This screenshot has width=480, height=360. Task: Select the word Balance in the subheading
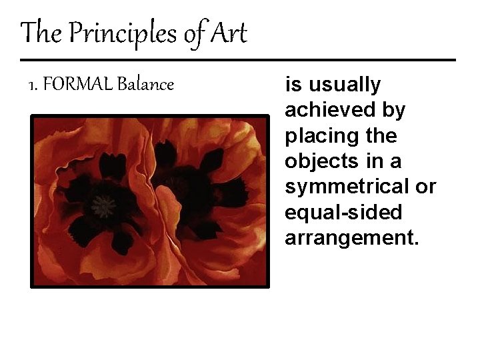145,85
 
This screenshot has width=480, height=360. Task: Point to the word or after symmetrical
425,187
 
